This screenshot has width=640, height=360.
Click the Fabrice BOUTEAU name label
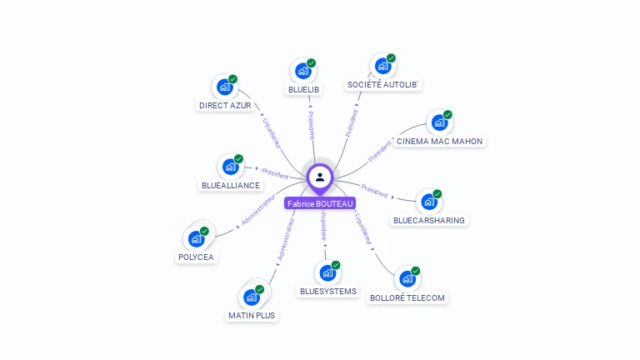coord(320,203)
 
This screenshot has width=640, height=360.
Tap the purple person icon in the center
coord(320,177)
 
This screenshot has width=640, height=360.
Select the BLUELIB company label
coord(304,88)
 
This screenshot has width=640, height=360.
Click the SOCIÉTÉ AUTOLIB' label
coord(384,84)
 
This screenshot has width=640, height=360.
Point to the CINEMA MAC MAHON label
coord(439,141)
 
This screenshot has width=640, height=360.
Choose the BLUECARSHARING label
coord(429,220)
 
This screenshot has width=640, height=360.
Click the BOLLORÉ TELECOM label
coord(407,297)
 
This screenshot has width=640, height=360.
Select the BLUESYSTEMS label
coord(328,291)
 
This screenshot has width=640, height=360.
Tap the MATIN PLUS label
coord(252,315)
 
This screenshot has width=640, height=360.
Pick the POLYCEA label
coord(196,257)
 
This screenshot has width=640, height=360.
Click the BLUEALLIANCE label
coord(231,185)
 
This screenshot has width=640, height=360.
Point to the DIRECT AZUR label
coord(225,105)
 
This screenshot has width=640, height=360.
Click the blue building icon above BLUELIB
coord(302,70)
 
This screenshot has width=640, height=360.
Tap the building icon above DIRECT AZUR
coord(223,86)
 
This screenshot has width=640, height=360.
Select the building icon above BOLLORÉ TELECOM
coord(406,278)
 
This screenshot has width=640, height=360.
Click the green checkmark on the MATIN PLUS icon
coord(259,289)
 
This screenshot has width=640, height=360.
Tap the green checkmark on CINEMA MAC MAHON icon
coord(447,115)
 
